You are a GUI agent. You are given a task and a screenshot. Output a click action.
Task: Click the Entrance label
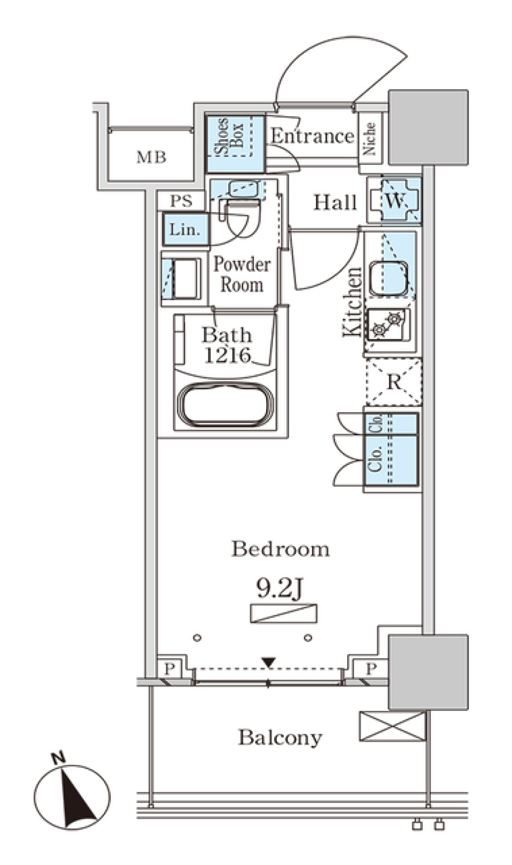point(312,136)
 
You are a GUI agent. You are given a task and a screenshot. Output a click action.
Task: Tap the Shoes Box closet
point(235,137)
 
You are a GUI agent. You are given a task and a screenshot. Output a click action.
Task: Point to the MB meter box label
point(151,157)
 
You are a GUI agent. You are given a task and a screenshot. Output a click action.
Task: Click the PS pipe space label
point(181,201)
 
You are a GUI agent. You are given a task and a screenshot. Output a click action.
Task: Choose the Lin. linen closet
point(185,229)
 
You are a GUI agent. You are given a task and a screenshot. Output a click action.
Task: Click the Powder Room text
point(242,274)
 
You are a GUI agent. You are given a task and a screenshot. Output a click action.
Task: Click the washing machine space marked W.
point(395,201)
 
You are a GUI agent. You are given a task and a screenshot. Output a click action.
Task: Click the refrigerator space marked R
point(394,382)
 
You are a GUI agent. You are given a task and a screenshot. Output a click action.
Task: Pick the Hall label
point(335,202)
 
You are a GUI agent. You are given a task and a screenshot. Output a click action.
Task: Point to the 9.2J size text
point(280,588)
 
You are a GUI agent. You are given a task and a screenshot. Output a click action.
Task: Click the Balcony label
point(280,738)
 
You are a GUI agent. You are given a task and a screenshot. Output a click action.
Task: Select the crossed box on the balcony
point(393,726)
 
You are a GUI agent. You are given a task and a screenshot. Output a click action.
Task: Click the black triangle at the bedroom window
point(268,662)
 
